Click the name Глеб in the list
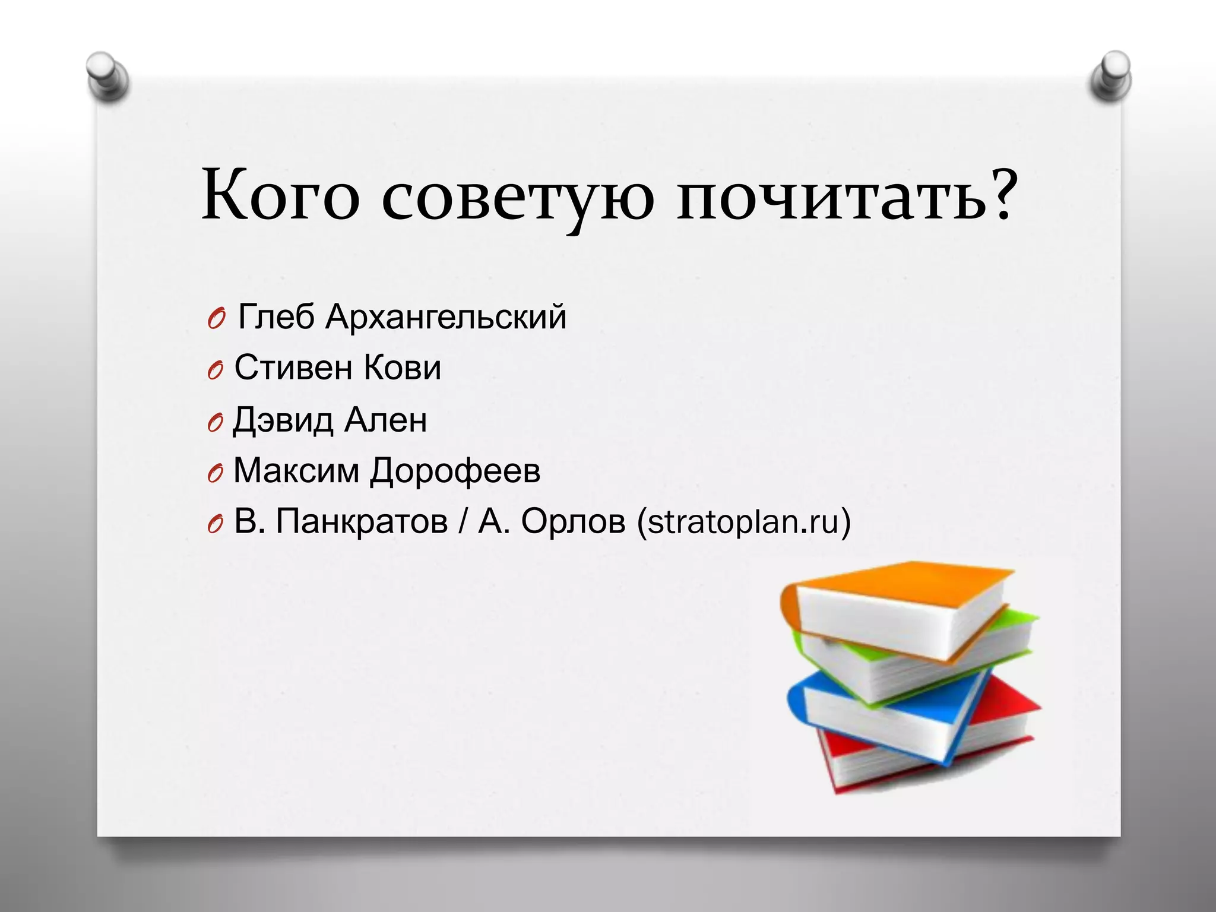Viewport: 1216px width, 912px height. coord(276,316)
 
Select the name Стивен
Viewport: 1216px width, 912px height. coord(293,368)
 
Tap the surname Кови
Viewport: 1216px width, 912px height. coord(402,368)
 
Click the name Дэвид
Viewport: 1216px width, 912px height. coord(283,420)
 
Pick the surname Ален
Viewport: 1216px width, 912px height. coord(385,419)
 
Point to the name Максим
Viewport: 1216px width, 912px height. coord(296,470)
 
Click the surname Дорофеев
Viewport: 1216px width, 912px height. coord(455,471)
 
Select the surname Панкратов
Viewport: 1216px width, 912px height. coord(362,521)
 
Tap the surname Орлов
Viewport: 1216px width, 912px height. coord(573,521)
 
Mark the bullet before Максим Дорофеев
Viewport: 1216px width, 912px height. coord(215,473)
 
